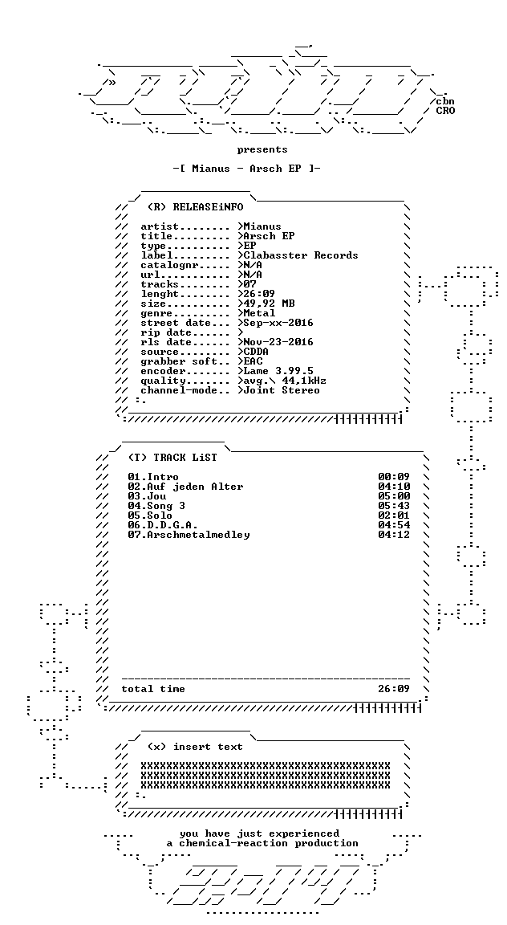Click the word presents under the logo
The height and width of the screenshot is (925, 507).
pos(262,150)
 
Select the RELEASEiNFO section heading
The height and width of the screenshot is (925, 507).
pos(195,207)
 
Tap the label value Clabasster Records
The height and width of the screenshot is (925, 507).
pos(301,255)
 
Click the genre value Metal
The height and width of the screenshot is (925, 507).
pos(259,313)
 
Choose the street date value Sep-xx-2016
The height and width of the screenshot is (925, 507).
pos(278,324)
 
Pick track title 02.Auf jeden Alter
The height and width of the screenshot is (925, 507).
pos(185,487)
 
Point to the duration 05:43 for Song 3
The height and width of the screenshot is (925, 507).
pos(394,506)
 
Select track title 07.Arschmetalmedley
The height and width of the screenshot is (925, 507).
pos(189,535)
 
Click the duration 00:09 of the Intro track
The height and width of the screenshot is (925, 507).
pos(394,477)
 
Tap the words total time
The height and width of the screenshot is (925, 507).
pos(153,689)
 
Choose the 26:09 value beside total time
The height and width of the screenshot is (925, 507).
pos(394,689)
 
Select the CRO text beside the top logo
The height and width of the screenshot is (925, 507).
pos(446,111)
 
